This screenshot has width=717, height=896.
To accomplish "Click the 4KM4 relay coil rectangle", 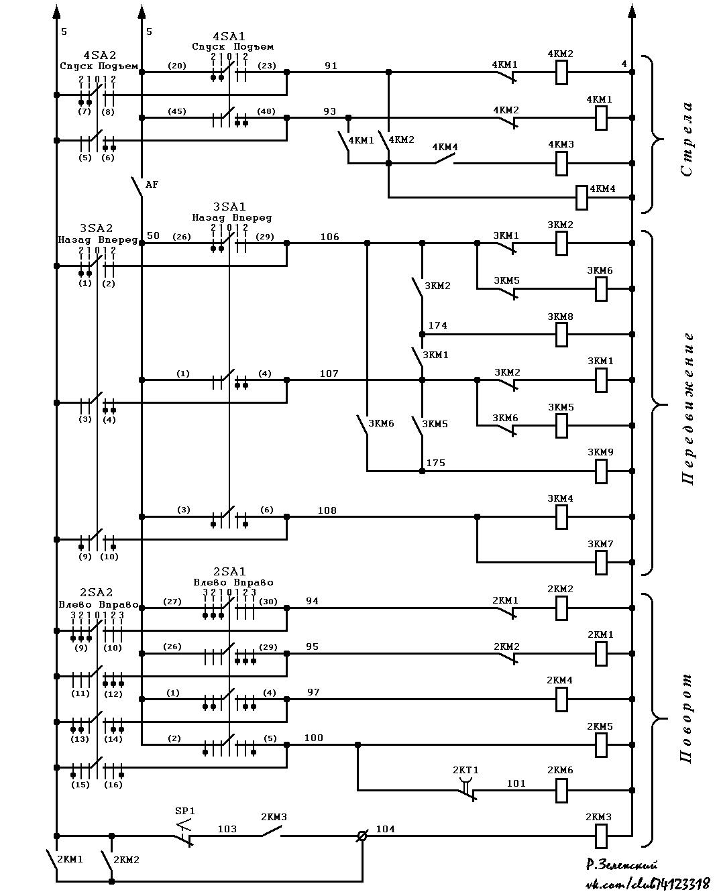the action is point(582,197).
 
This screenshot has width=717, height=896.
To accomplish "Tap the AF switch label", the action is point(152,184).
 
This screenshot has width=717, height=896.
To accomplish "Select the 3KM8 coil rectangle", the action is point(561,335).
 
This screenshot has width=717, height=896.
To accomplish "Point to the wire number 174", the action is point(438,325).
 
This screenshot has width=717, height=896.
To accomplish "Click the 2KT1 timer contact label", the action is point(465,770).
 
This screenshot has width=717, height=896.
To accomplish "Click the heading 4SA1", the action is point(229,36).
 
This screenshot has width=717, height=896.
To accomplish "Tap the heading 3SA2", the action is point(96,228).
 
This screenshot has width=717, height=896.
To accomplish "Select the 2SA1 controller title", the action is point(229,571).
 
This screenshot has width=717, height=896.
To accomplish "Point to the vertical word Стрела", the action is point(687,139).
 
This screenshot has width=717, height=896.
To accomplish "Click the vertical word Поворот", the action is point(686,718).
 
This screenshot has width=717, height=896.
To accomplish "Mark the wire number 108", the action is point(327,510).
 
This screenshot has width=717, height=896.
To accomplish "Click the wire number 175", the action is point(436,463).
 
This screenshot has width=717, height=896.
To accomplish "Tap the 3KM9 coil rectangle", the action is point(601,471).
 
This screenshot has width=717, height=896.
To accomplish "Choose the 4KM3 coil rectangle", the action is point(561,163).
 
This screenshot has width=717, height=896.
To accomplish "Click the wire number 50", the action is point(153,235).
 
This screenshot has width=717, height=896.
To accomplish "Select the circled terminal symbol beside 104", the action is point(362,836).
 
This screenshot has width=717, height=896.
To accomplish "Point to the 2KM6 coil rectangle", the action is point(561,790).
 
